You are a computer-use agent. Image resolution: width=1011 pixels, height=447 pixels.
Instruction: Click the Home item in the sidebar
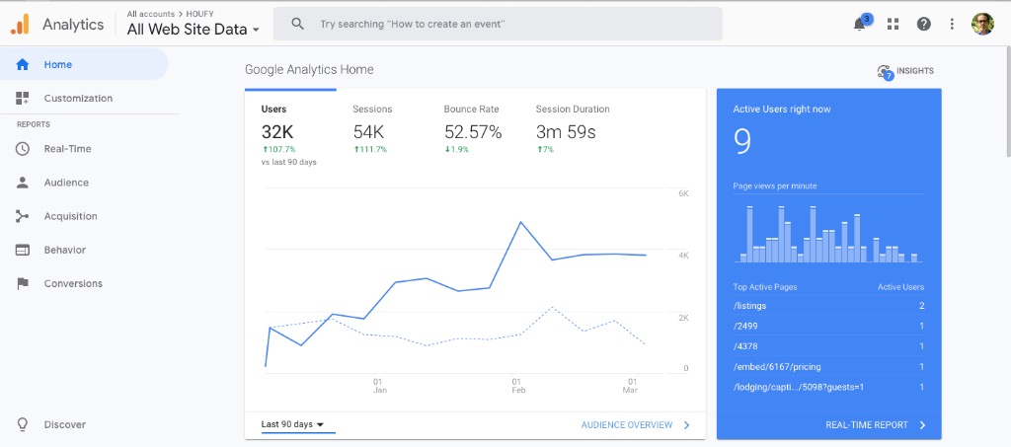coord(57,65)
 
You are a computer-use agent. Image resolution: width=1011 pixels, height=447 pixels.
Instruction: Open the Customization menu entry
coord(77,99)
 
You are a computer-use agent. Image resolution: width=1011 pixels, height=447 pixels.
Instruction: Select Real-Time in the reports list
coord(67,149)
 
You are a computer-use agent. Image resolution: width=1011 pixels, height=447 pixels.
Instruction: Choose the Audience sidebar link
coord(65,183)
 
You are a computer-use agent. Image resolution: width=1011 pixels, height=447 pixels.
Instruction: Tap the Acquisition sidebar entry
coord(70,216)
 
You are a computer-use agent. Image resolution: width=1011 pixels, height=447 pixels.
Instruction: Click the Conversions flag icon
coord(23,284)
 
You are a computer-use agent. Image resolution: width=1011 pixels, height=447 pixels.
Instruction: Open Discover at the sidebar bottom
coord(64,425)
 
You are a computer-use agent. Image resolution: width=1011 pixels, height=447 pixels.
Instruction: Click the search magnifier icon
coord(297,24)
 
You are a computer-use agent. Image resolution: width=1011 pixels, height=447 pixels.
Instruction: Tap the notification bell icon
coord(860,24)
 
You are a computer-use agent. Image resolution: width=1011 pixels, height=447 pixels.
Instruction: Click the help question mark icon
coord(924,24)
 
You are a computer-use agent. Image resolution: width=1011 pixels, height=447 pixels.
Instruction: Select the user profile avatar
coord(982,24)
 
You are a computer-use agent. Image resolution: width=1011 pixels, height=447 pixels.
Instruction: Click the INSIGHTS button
coord(905,71)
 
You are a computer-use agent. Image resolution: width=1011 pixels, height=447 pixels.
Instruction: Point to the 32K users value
coord(277,131)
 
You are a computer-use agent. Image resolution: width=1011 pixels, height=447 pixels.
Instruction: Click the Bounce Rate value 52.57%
coord(473,131)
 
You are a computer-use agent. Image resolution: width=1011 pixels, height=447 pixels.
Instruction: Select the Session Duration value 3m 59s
coord(566,131)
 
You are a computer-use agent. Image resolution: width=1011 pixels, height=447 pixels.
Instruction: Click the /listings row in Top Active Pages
coord(750,306)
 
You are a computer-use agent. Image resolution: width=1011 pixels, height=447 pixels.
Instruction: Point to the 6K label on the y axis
coord(683,193)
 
